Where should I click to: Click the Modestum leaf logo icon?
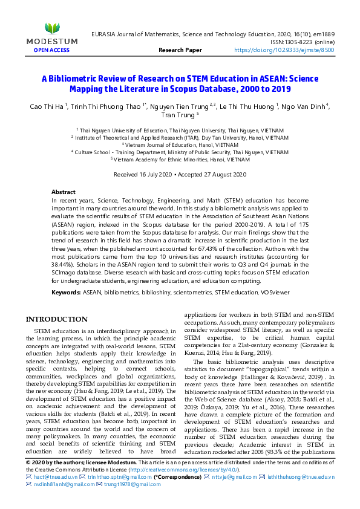click(52, 28)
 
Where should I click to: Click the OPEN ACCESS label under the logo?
click(52, 50)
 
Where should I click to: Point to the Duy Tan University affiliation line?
click(180, 137)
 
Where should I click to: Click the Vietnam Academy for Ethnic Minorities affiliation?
click(180, 159)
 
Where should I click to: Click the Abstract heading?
click(64, 191)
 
